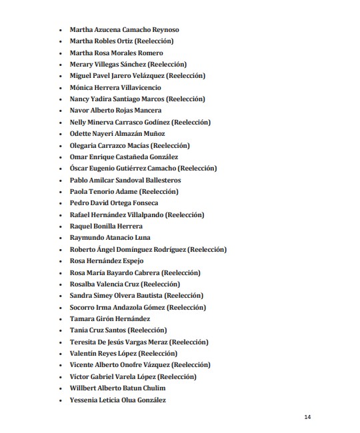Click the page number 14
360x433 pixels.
(307, 418)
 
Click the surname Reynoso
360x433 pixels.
(164, 30)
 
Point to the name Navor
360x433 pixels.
(80, 111)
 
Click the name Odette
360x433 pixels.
(81, 134)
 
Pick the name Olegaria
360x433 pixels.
(84, 145)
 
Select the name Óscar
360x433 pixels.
(80, 169)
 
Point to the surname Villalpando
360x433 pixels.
(141, 215)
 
